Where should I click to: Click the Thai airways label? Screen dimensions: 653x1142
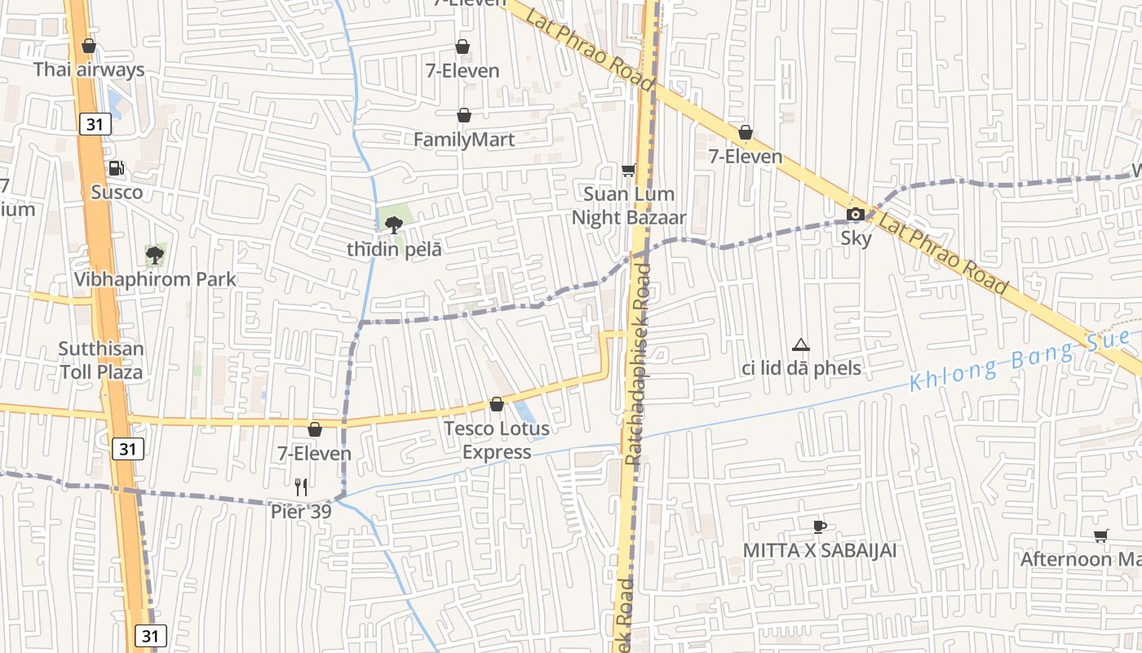coord(89,70)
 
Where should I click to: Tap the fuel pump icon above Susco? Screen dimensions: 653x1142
coord(117,168)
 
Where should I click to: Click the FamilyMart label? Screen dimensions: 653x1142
coord(464,140)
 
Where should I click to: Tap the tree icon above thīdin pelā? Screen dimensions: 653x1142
coord(394,224)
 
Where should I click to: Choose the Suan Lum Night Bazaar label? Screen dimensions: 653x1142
coord(628,206)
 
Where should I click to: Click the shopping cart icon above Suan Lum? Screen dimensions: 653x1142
coord(628,170)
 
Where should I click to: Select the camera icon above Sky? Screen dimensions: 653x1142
coord(856,215)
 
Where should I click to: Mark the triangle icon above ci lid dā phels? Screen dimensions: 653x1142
coord(801,345)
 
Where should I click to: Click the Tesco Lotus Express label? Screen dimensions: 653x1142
coord(496,439)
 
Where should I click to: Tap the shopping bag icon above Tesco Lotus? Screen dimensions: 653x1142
coord(496,404)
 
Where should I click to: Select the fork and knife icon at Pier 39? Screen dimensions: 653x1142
coord(301,487)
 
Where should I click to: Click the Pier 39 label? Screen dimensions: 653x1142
coord(301,512)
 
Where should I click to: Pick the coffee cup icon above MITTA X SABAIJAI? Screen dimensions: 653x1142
coord(820,526)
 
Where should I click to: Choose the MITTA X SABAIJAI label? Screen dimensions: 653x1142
coord(819,550)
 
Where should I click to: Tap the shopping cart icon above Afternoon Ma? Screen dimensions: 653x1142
coord(1101,536)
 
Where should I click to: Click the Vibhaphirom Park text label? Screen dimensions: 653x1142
coord(155,279)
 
